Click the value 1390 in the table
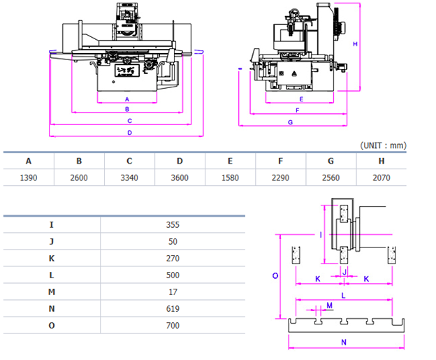pyautogui.click(x=29, y=178)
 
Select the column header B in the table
pyautogui.click(x=79, y=161)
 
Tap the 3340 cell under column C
pyautogui.click(x=129, y=178)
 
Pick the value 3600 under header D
pyautogui.click(x=180, y=178)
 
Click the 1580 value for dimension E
pyautogui.click(x=230, y=178)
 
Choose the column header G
pyautogui.click(x=330, y=161)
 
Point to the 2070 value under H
pyautogui.click(x=381, y=178)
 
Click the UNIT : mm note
pyautogui.click(x=383, y=145)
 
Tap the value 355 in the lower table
pyautogui.click(x=173, y=225)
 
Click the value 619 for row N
pyautogui.click(x=173, y=309)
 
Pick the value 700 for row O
pyautogui.click(x=173, y=326)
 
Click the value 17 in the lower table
pyautogui.click(x=173, y=292)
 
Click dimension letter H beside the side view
pyautogui.click(x=355, y=44)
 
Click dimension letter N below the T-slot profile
pyautogui.click(x=344, y=343)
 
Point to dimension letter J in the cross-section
pyautogui.click(x=344, y=271)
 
